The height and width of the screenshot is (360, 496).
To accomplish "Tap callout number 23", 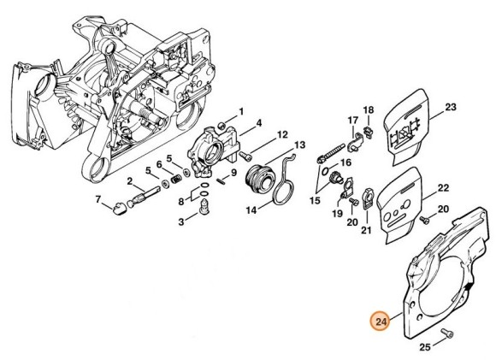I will pos(452,107).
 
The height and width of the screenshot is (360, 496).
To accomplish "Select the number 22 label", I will pos(443,187).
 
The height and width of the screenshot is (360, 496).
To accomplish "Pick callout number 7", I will pos(98,201).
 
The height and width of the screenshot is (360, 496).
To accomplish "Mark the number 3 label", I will pos(180,221).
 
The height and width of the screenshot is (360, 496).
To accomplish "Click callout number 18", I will pos(369,109).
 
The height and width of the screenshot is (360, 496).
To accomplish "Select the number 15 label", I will pos(315,200).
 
